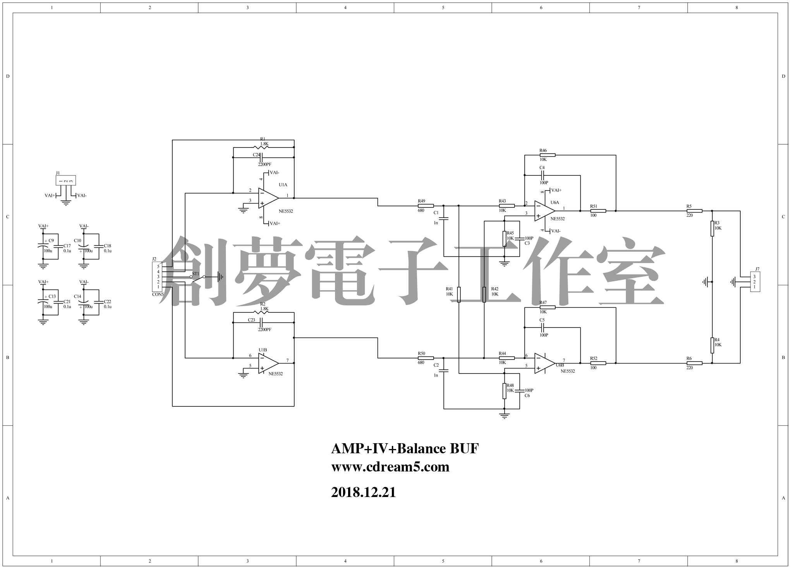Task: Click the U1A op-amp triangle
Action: (x=268, y=198)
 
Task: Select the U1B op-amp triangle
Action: (x=268, y=363)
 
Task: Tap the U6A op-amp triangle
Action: (x=544, y=211)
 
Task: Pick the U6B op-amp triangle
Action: (x=544, y=363)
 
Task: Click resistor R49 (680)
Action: (x=426, y=206)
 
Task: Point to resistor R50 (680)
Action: (x=426, y=358)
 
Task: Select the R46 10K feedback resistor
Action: (x=547, y=155)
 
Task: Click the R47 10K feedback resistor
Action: (x=547, y=307)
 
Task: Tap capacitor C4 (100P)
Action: (x=542, y=175)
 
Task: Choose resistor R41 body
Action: (x=459, y=294)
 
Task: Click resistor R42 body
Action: (x=484, y=294)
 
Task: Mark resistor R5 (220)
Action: (x=694, y=211)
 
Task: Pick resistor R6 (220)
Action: (x=694, y=363)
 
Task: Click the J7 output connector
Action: (x=755, y=282)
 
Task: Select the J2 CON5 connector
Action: (x=158, y=276)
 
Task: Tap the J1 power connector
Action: (x=66, y=180)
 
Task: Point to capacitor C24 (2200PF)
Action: (x=262, y=158)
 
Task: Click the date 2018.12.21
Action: (x=364, y=492)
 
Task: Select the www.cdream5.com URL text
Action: (x=390, y=467)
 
